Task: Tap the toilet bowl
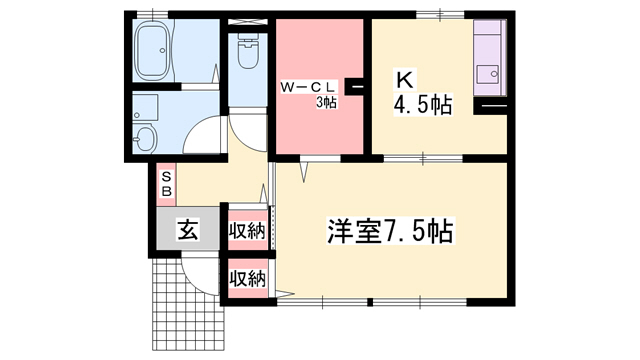coord(246,52)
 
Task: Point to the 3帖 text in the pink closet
coord(326,102)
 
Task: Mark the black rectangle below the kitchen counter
coord(490,106)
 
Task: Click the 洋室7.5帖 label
coord(390,232)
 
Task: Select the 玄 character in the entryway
coord(187,230)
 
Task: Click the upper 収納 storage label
coord(247,232)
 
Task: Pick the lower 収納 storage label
coord(247,277)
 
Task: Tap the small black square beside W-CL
coord(354,88)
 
